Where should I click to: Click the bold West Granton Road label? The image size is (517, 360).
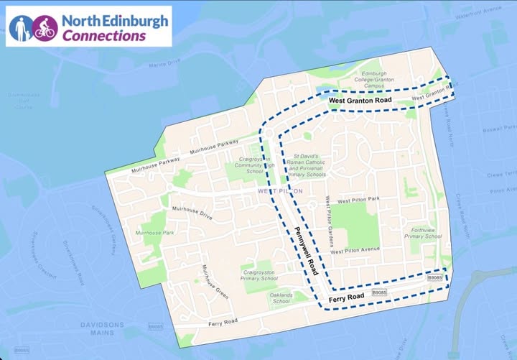click(x=360, y=101)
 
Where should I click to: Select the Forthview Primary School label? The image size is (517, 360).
click(x=423, y=233)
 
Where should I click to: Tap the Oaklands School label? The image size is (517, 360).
click(x=282, y=298)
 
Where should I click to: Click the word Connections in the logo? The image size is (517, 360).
click(x=104, y=35)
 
